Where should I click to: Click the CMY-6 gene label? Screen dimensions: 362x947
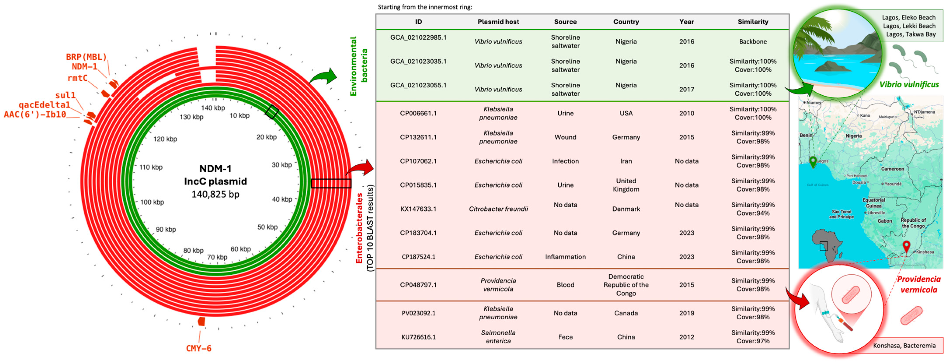(198, 348)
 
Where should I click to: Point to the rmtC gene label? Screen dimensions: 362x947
(77, 78)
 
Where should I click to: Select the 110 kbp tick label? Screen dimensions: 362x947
(151, 167)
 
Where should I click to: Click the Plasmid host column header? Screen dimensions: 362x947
(498, 22)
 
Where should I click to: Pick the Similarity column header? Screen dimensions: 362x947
(752, 22)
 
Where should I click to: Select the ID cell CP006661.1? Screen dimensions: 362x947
(418, 113)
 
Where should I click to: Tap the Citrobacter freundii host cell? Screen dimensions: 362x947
(498, 209)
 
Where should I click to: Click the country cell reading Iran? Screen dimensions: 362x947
(626, 161)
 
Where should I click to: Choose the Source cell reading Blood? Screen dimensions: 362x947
(565, 285)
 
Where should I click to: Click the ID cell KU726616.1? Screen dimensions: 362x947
(418, 337)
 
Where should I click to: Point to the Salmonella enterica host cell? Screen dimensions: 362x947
(498, 337)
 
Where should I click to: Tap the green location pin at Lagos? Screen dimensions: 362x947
(813, 161)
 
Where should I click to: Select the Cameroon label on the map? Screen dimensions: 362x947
(892, 169)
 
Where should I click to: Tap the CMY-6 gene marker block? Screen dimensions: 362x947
(201, 321)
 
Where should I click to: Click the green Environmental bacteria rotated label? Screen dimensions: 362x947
(358, 66)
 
